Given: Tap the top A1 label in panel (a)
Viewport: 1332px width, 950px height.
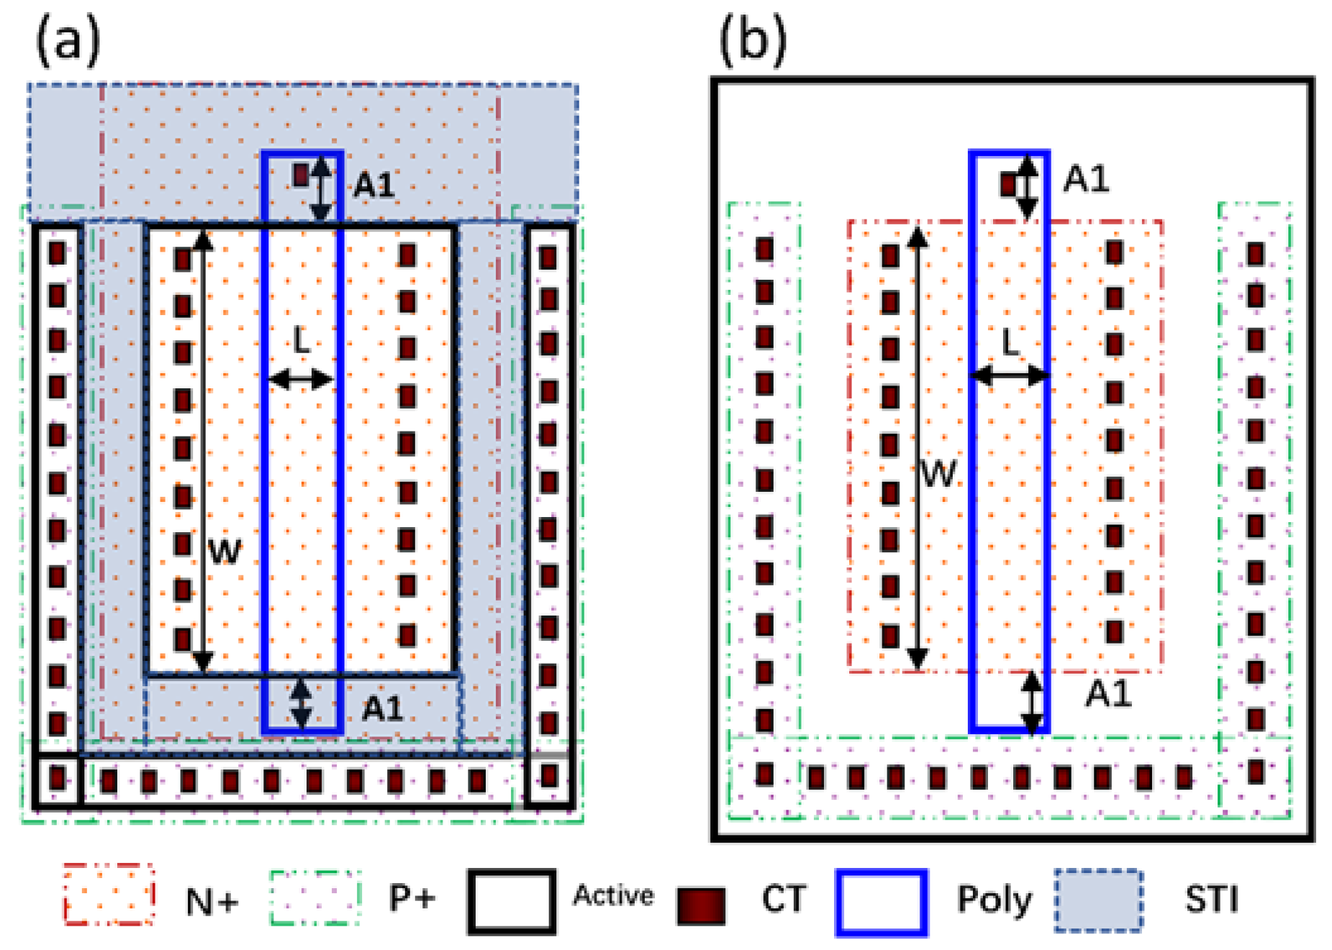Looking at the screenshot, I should pyautogui.click(x=374, y=186).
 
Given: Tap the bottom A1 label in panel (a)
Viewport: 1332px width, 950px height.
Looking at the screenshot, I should pyautogui.click(x=382, y=709).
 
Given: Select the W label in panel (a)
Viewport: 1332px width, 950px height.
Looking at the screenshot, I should pyautogui.click(x=225, y=552).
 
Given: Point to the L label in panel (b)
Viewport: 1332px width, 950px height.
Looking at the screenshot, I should pyautogui.click(x=1010, y=342).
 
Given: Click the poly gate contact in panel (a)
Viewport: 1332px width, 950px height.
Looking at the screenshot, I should pyautogui.click(x=302, y=175).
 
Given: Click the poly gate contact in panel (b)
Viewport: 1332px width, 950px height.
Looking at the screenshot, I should pyautogui.click(x=1008, y=185).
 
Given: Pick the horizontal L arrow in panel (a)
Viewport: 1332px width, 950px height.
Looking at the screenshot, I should pyautogui.click(x=301, y=379).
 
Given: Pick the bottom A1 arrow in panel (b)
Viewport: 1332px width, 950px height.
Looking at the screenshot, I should pyautogui.click(x=1032, y=702).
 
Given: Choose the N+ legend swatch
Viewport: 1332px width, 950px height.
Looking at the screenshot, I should pyautogui.click(x=109, y=895).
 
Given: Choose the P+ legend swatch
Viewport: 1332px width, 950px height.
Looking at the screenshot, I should pyautogui.click(x=315, y=898).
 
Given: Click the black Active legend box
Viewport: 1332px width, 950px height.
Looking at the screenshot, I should pyautogui.click(x=511, y=901).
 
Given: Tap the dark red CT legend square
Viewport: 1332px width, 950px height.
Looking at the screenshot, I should pyautogui.click(x=701, y=905).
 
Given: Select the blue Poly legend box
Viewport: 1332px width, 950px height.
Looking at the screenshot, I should pyautogui.click(x=881, y=903).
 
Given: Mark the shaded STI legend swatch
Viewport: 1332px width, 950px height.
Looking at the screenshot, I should pyautogui.click(x=1098, y=900).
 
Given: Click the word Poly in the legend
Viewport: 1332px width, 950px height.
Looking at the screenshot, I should pyautogui.click(x=994, y=899).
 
